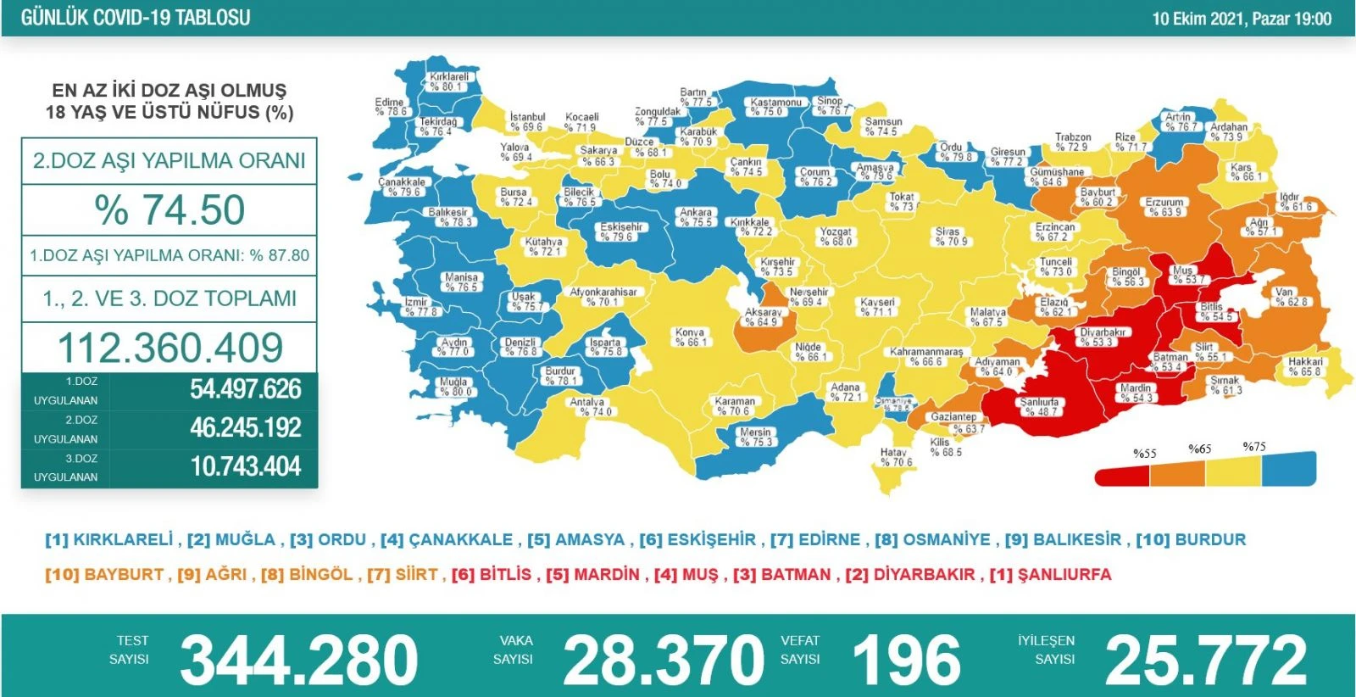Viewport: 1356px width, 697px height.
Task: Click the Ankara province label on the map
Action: (x=696, y=217)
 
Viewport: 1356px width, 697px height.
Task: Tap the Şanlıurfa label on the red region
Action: (x=1040, y=407)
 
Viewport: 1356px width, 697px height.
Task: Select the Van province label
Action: (x=1292, y=297)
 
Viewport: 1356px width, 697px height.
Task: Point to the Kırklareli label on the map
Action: (x=448, y=81)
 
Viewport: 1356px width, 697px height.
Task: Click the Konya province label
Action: (x=690, y=337)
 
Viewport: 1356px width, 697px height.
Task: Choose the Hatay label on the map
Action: (x=895, y=457)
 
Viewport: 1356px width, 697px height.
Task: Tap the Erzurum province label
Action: (x=1164, y=207)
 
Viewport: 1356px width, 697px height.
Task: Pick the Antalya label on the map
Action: (x=587, y=407)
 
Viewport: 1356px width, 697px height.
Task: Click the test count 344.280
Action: (x=299, y=660)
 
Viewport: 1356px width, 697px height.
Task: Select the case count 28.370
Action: (x=663, y=660)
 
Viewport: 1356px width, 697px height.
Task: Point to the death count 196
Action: (x=906, y=660)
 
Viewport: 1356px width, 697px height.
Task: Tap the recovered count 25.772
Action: (x=1206, y=660)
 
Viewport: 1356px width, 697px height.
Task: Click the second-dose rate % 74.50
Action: (x=169, y=210)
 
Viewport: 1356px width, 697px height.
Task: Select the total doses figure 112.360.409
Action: (x=169, y=348)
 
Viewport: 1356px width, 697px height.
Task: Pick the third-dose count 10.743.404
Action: (x=246, y=466)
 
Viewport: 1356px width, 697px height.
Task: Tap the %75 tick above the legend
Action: (x=1254, y=447)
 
